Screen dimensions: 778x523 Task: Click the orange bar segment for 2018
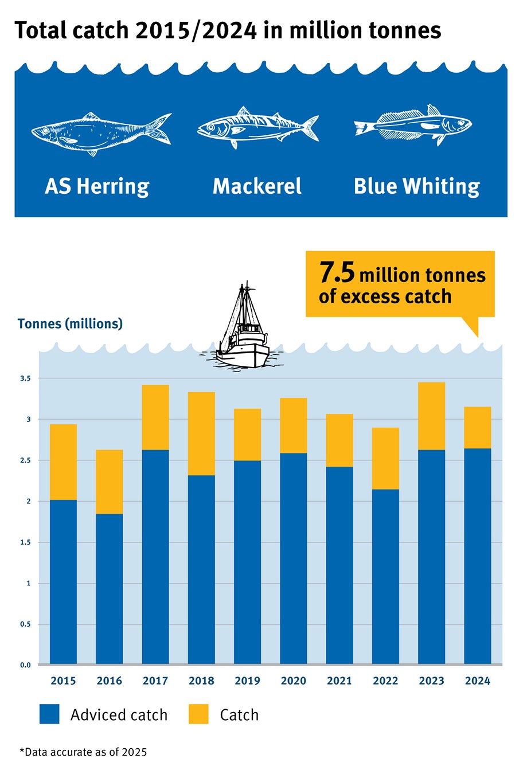pos(201,433)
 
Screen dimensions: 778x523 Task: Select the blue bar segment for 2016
pos(109,588)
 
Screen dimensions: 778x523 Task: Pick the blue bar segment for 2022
pos(385,576)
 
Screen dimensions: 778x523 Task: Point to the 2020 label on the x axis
pos(294,681)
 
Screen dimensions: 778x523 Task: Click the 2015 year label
pos(63,681)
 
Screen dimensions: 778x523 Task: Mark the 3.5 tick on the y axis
pos(25,378)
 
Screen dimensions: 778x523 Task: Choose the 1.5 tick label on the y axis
pos(25,542)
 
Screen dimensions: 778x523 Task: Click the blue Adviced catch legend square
pos(49,714)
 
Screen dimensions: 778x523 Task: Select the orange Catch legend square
pos(198,714)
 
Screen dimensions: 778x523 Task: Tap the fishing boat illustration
pos(243,330)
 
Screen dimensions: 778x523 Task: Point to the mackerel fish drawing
pos(257,127)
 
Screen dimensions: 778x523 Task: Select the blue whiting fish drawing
pos(413,124)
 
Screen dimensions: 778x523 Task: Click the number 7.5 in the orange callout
pos(337,272)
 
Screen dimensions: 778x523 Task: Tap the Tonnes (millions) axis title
pos(70,324)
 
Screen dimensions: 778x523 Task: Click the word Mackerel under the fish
pos(257,186)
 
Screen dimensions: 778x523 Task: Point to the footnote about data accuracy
pos(83,752)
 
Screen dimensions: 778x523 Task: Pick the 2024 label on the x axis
pos(478,681)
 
